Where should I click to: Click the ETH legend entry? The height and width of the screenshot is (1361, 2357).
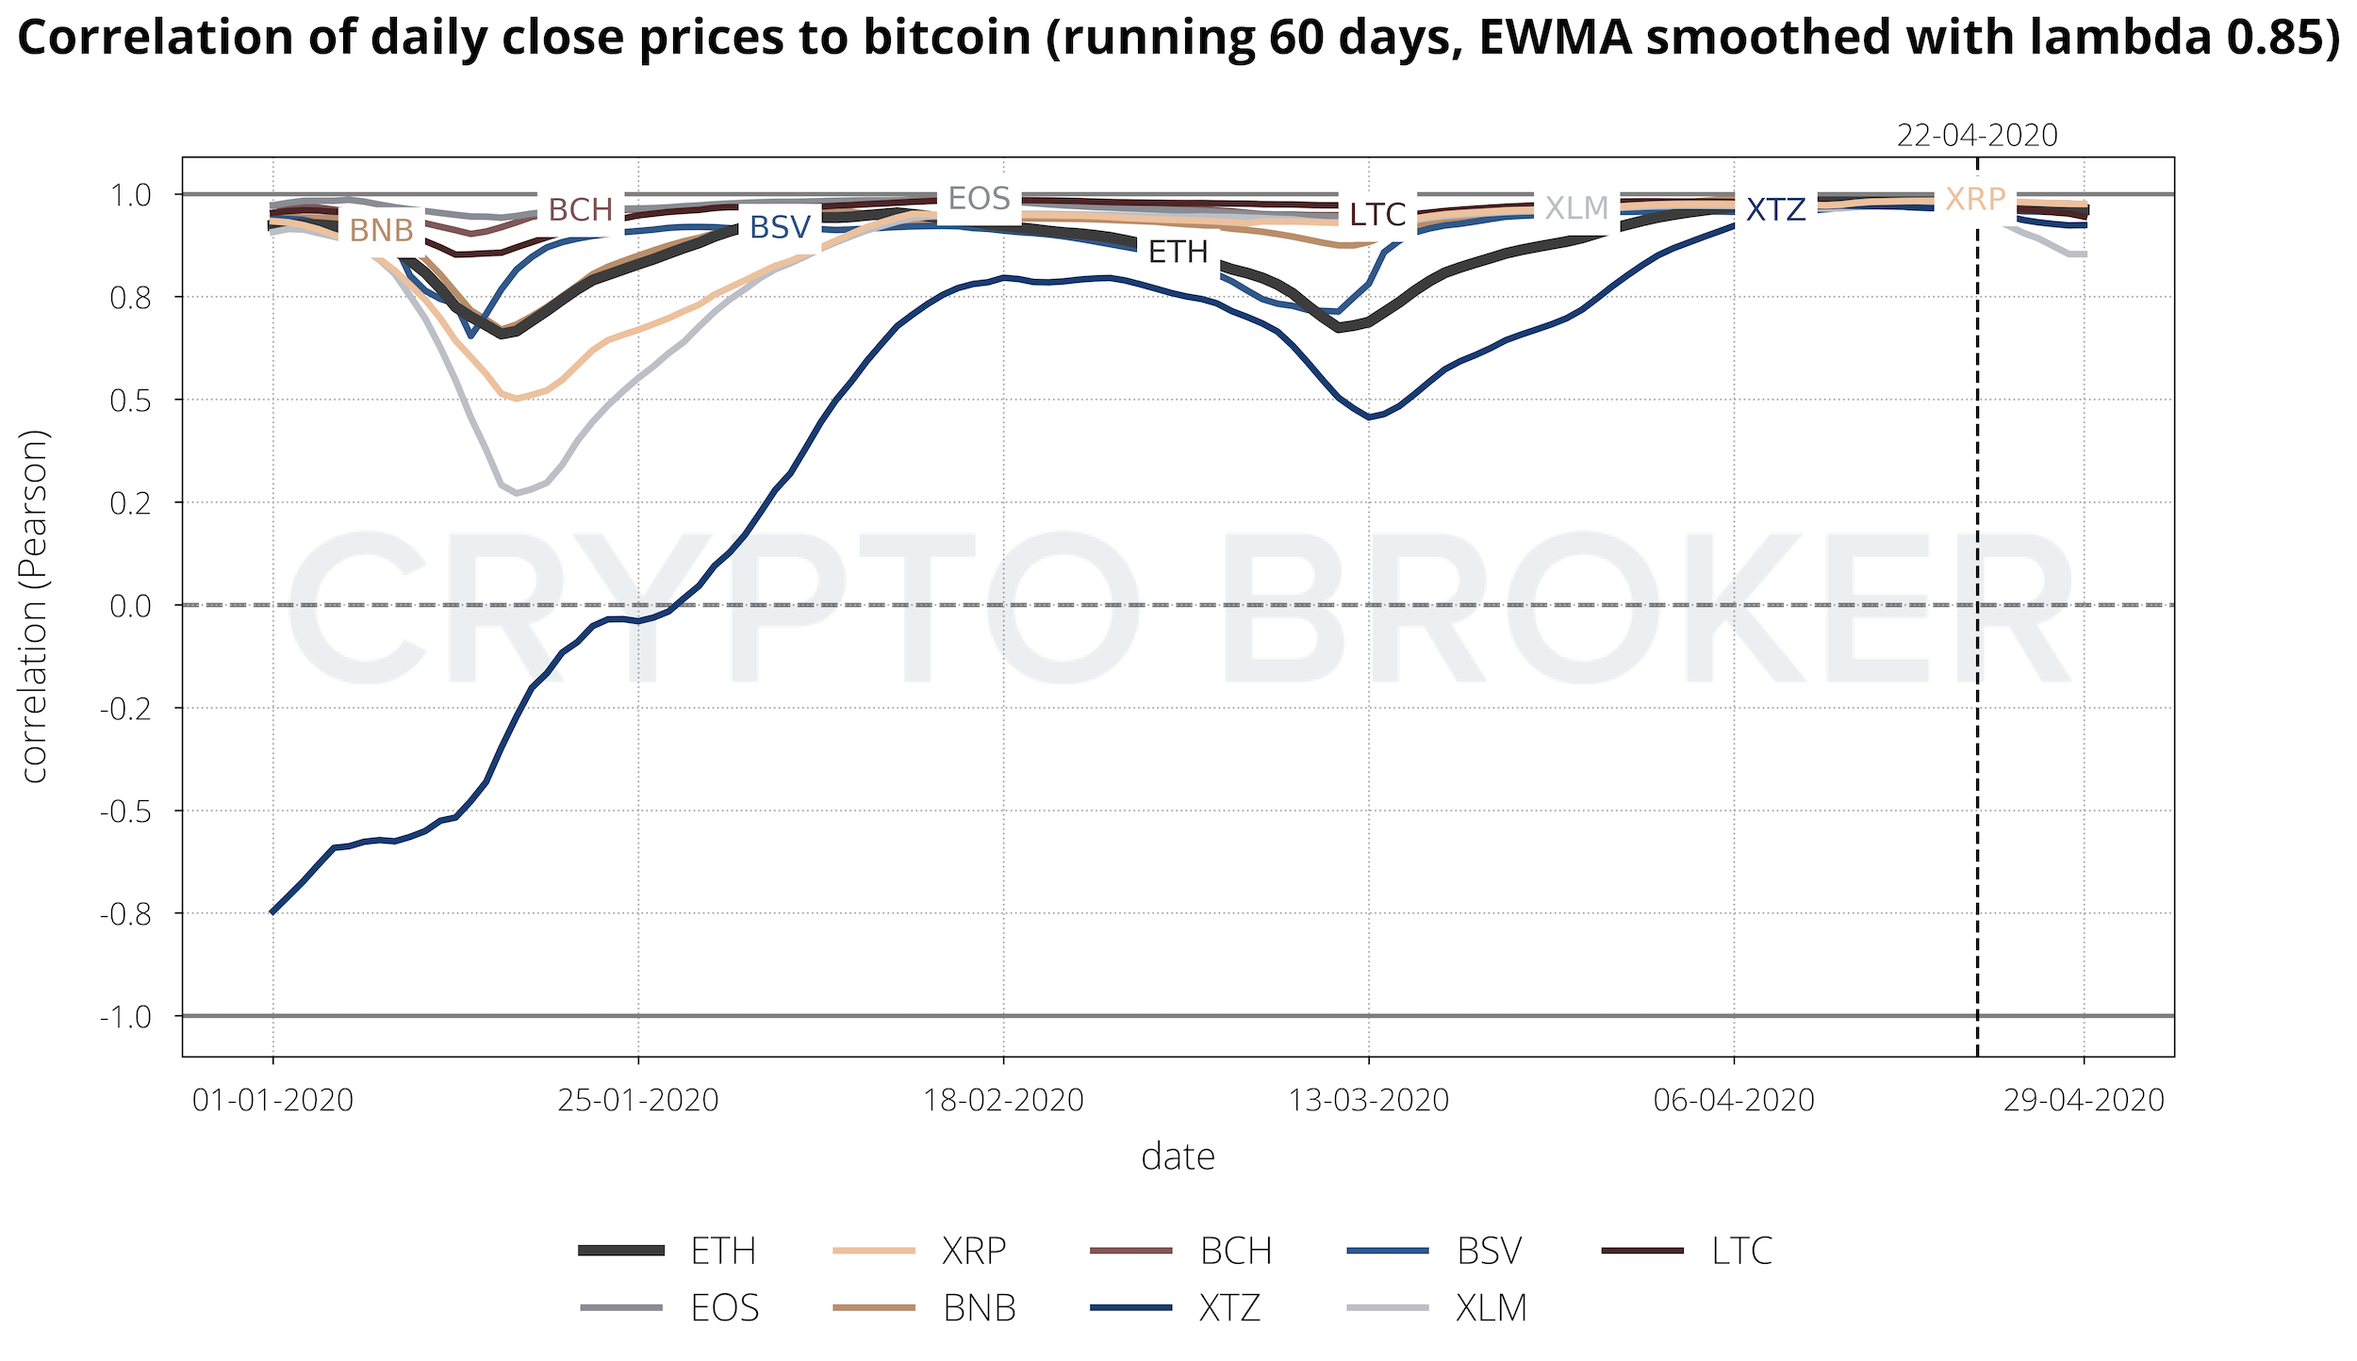[x=722, y=1251]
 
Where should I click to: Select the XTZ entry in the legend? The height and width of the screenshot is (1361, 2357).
[x=1228, y=1307]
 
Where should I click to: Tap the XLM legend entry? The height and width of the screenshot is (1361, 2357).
[x=1491, y=1307]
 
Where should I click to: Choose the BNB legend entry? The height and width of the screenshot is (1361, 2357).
[x=979, y=1307]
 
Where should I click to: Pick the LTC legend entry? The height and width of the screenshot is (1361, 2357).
[x=1741, y=1251]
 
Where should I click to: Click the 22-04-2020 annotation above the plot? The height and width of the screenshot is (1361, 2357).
[x=1977, y=136]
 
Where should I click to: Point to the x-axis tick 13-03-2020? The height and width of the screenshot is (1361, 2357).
[x=1368, y=1100]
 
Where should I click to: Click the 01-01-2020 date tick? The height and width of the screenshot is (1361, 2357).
[x=272, y=1100]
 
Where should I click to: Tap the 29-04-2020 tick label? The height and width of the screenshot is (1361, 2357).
[x=2084, y=1100]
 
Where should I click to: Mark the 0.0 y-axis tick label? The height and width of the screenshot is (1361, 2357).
[x=130, y=606]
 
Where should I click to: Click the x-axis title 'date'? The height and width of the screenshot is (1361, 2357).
[x=1178, y=1156]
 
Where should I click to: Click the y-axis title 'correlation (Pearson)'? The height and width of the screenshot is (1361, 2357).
[x=35, y=606]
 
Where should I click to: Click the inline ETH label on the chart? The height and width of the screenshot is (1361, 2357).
[x=1178, y=253]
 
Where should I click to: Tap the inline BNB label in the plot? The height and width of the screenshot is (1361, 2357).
[x=381, y=230]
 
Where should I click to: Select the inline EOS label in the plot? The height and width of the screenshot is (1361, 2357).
[x=979, y=199]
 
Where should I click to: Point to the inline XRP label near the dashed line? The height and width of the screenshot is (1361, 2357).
[x=1975, y=200]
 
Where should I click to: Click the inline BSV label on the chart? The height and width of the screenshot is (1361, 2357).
[x=780, y=227]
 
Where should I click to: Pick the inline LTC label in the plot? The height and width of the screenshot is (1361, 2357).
[x=1376, y=215]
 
